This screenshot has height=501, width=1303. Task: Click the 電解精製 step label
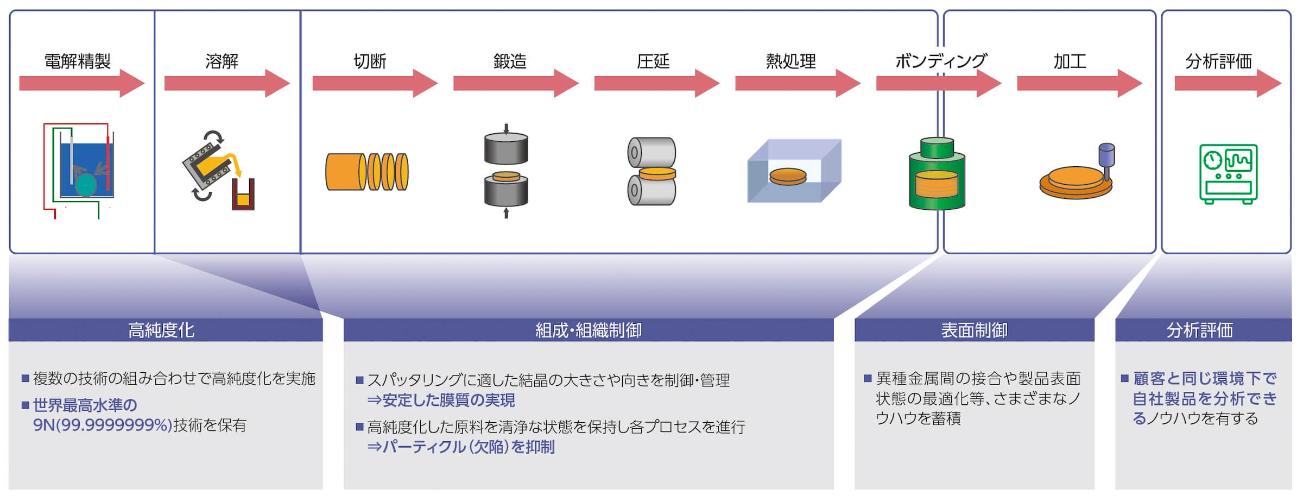tap(78, 61)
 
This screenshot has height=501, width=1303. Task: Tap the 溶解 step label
tap(222, 61)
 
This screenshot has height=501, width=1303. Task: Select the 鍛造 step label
tap(510, 61)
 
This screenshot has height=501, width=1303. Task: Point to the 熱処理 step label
tap(791, 61)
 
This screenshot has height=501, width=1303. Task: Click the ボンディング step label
tap(941, 61)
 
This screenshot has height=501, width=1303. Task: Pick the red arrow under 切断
tap(375, 83)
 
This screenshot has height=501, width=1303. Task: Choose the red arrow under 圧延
tap(657, 83)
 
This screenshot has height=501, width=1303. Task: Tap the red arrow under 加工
tap(1080, 83)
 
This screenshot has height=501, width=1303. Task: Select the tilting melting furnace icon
tap(219, 170)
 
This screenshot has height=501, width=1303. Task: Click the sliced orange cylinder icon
tap(367, 172)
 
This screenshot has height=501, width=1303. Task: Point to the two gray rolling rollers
tap(651, 171)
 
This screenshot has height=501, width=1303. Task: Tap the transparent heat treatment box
tap(794, 171)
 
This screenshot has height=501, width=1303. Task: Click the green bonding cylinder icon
tap(937, 173)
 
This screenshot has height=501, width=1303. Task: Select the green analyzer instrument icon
tap(1228, 174)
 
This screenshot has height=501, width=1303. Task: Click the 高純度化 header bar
tap(166, 330)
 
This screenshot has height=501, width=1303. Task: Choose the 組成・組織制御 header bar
tap(589, 330)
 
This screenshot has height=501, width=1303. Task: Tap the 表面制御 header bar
tap(975, 330)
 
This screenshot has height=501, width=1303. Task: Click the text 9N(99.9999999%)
tap(103, 425)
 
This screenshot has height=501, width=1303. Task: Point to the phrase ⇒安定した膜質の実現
tap(441, 400)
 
